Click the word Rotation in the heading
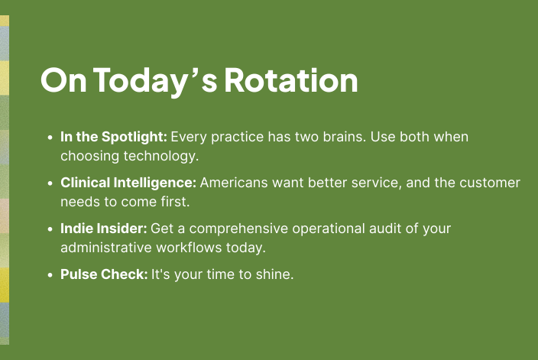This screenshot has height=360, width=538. coord(291,80)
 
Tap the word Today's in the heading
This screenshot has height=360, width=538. coord(155,83)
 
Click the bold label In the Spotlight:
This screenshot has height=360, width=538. coord(114,138)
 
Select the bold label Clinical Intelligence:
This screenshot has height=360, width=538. coord(128,183)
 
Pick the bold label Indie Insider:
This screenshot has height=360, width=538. coord(104,229)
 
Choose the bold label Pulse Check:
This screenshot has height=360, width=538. coord(104,274)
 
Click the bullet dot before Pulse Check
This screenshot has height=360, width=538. coord(50,275)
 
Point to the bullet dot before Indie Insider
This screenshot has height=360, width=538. coord(50,229)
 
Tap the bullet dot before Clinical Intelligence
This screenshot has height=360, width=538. coord(50,183)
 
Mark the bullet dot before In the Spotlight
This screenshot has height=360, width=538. coord(50,138)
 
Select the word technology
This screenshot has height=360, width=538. coord(161,157)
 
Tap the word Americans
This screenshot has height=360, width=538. coord(234,183)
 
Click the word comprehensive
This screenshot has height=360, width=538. coord(238,229)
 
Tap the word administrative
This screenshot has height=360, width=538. coord(106,248)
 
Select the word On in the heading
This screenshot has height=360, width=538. coord(63,80)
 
